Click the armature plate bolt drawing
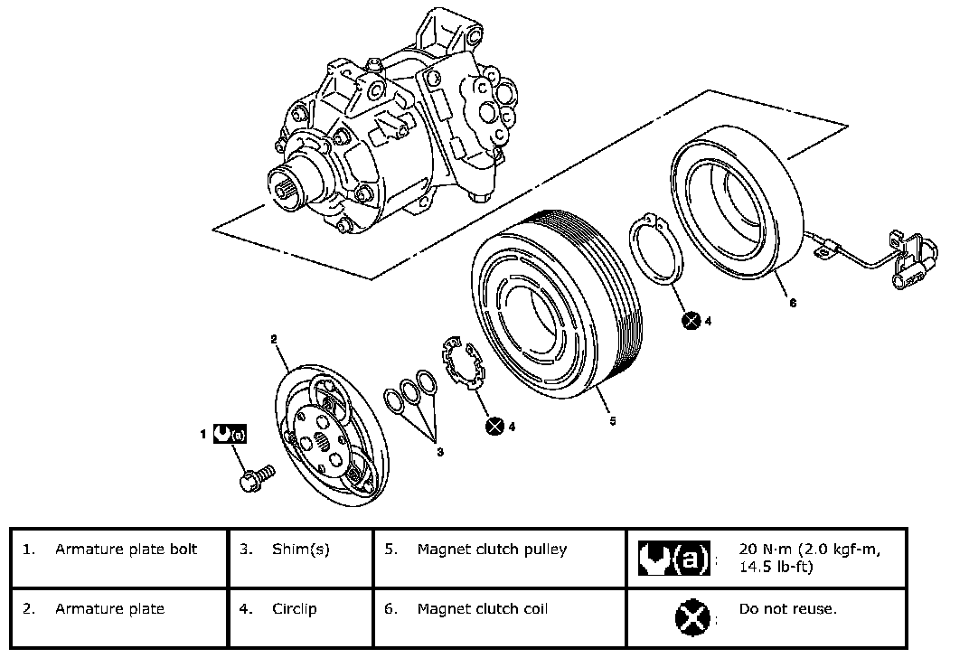click(x=257, y=476)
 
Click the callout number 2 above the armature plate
click(x=273, y=339)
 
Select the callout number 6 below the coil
click(x=793, y=303)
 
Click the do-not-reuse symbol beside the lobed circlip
click(x=494, y=426)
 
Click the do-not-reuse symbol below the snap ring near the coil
click(x=691, y=319)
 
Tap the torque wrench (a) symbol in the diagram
click(x=230, y=434)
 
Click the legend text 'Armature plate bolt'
click(x=126, y=549)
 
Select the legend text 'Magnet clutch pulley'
click(x=492, y=549)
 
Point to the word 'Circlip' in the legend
click(x=295, y=608)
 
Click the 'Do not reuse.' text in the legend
click(x=787, y=608)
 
